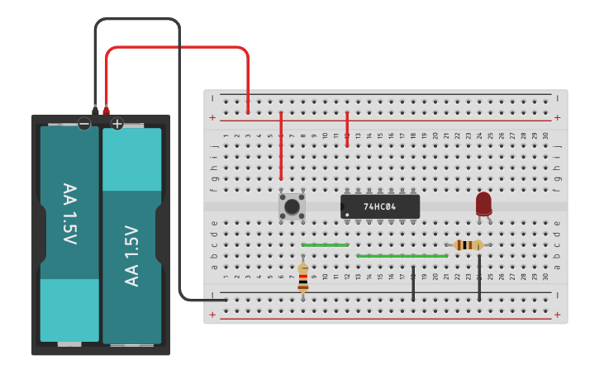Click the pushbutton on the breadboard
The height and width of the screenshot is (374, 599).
pos(292,206)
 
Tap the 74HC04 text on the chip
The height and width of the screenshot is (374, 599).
pos(380,206)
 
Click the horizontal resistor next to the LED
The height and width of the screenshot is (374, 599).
pos(468,245)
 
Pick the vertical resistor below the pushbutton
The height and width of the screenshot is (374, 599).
pos(303,277)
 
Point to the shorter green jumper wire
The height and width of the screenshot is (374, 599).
pos(325,245)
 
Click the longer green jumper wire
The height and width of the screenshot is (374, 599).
pos(402,256)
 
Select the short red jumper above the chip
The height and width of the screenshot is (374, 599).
pos(347,130)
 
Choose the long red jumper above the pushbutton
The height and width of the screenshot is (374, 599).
pos(281,146)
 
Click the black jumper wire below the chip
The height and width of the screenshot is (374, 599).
pos(413,283)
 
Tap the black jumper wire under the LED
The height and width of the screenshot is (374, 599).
pos(479,277)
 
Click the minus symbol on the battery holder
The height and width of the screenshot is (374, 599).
pos(84,125)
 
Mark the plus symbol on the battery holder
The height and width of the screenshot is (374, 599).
pos(117,125)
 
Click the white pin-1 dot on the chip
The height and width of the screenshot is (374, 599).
pos(347,215)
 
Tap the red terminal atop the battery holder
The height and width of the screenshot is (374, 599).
pos(106,110)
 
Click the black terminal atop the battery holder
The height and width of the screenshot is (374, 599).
pos(95,110)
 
